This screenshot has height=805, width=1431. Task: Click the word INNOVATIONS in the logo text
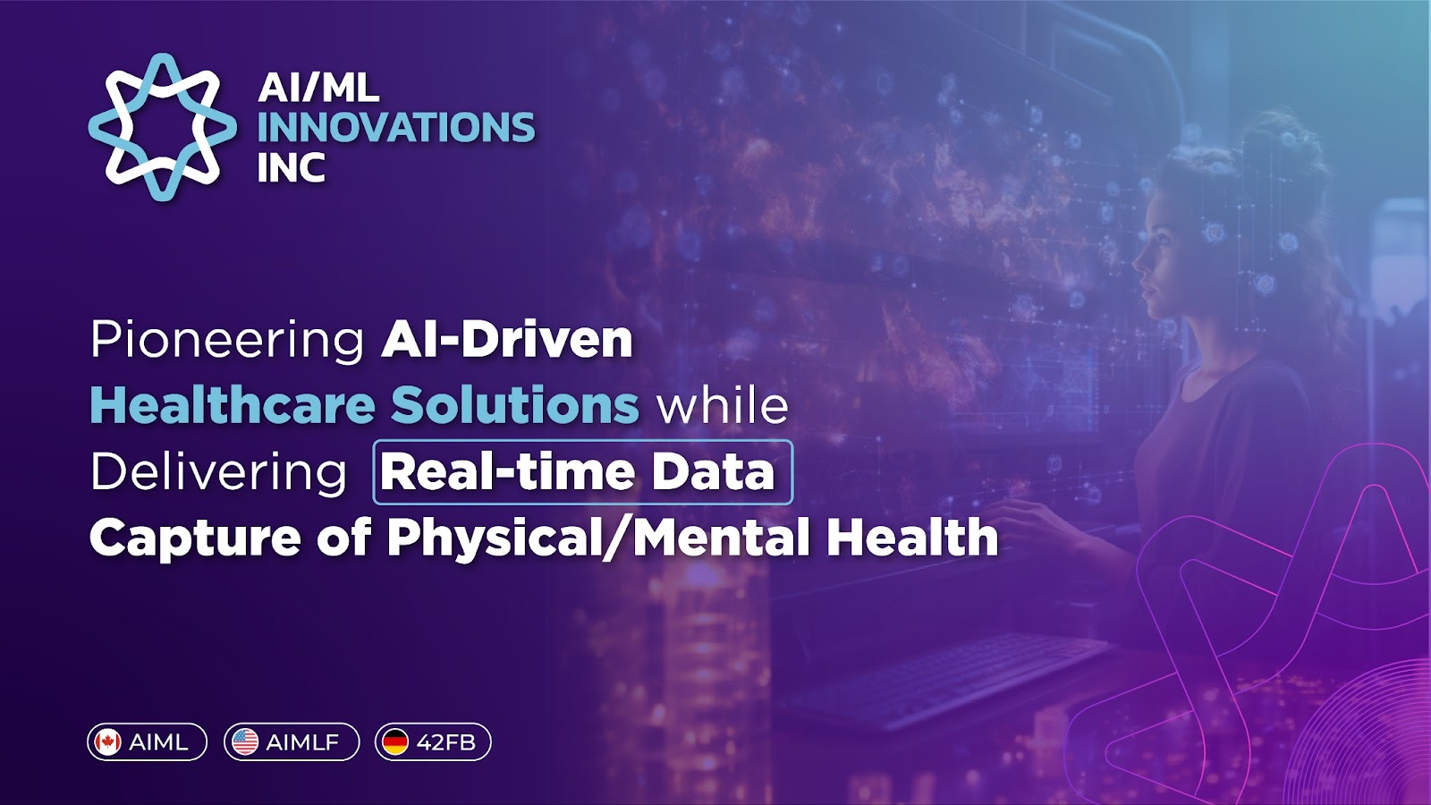tap(396, 127)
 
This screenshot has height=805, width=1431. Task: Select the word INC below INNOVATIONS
tap(292, 167)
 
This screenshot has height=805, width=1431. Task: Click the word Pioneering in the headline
tap(227, 341)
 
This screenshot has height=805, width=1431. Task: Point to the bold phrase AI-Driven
tap(506, 339)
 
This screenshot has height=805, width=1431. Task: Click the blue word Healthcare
tap(232, 405)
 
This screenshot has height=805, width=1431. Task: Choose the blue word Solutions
tap(515, 405)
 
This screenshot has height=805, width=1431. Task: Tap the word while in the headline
tap(724, 405)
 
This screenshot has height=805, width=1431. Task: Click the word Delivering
tap(218, 473)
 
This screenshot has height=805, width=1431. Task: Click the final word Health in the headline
tap(912, 538)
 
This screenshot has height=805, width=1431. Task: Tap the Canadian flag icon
tap(108, 742)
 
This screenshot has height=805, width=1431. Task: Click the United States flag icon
tap(245, 742)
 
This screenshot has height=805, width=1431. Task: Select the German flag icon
tap(395, 742)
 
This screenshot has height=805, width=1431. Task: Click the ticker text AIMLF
tap(303, 742)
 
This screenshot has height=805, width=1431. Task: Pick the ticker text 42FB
tap(446, 742)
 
